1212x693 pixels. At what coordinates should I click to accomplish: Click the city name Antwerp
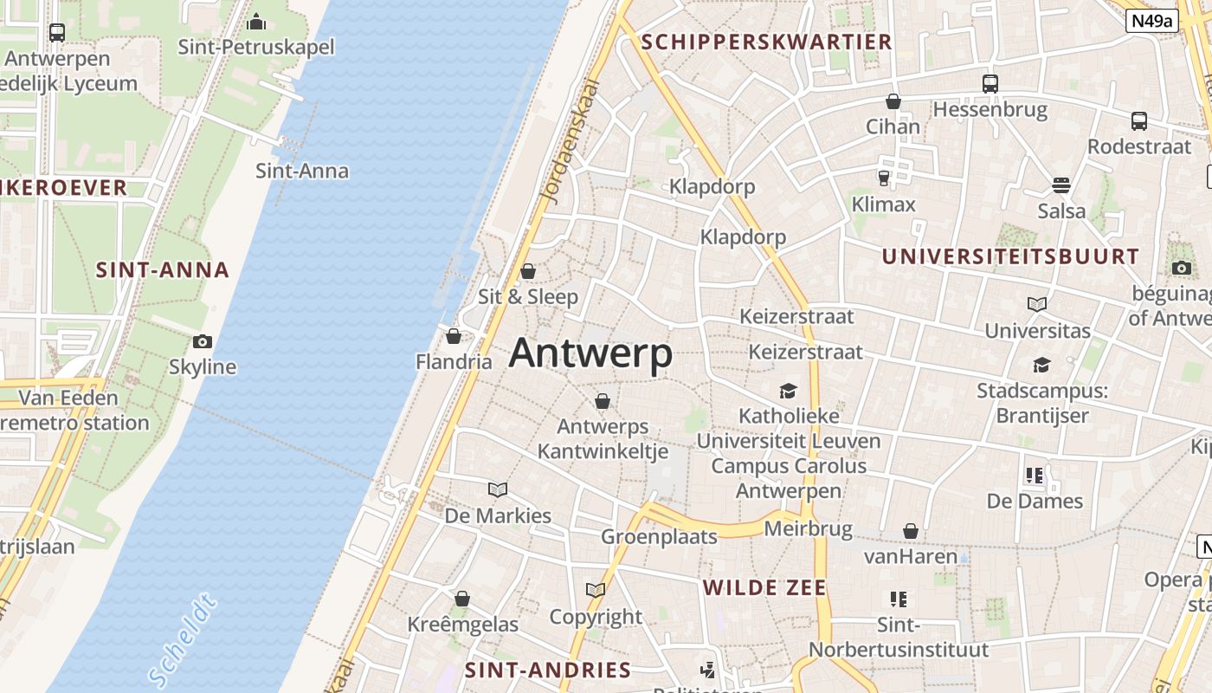click(590, 353)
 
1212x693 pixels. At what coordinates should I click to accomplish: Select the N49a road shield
click(1152, 21)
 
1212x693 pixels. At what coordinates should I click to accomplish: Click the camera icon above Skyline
click(203, 341)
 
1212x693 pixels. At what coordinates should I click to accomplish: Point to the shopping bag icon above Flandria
click(454, 336)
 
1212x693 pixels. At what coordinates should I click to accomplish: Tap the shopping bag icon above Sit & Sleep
click(528, 271)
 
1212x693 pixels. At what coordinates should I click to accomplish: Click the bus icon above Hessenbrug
click(990, 84)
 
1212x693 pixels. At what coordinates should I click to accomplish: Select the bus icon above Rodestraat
click(1139, 121)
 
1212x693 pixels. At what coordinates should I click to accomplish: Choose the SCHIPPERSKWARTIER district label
click(766, 42)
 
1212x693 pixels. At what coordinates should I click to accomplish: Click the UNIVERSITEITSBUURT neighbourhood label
click(1010, 256)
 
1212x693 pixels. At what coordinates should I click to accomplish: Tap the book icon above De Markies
click(498, 490)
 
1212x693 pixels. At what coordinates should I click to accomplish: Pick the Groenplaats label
click(660, 537)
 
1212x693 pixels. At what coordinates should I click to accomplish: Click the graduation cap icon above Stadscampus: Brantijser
click(1041, 366)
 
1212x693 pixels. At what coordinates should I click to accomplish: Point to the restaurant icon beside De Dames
click(1034, 476)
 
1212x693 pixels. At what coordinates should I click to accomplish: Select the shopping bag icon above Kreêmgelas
click(462, 599)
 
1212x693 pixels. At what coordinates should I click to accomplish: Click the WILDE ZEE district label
click(764, 587)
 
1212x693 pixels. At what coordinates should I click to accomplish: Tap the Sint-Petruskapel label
click(256, 47)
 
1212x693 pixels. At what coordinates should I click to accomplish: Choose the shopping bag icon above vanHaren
click(911, 531)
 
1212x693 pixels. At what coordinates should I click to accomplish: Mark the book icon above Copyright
click(596, 591)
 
